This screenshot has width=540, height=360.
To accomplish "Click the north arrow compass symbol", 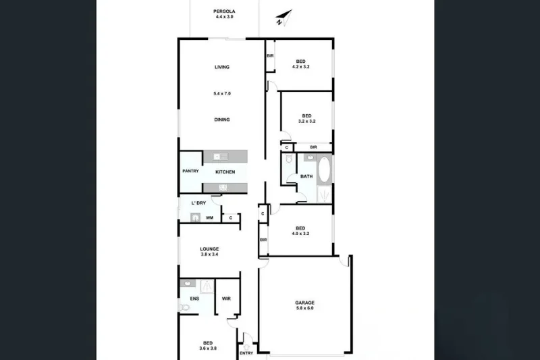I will [x=283, y=18].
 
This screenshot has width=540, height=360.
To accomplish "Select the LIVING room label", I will [x=222, y=67].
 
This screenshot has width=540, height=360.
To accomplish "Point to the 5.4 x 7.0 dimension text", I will [x=222, y=93].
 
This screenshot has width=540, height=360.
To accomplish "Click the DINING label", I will [x=222, y=120].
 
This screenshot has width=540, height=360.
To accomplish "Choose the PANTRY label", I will [x=190, y=172].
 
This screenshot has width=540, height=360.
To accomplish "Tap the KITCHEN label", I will [x=225, y=172].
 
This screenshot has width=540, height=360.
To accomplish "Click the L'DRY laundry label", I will [x=198, y=203].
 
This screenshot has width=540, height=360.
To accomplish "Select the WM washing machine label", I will [x=210, y=217].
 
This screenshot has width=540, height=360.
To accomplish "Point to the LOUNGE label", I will [x=209, y=249].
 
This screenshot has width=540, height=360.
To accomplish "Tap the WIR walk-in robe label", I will [x=226, y=298].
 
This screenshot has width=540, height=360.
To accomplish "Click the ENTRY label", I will [x=246, y=353].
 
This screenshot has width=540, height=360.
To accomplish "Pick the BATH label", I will [x=306, y=177].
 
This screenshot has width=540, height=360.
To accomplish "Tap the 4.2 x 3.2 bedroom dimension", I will [x=301, y=67].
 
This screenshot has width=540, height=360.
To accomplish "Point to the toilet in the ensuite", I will [x=184, y=307].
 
